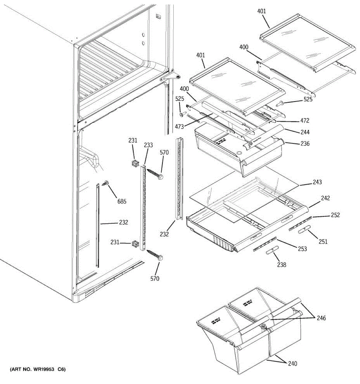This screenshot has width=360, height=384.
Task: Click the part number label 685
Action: [122, 201]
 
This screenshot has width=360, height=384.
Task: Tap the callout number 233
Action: [148, 145]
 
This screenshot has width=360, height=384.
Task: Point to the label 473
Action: [180, 127]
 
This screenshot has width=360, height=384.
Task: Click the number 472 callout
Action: [305, 121]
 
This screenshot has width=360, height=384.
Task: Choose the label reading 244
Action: [305, 132]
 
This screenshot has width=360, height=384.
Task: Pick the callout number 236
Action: [305, 144]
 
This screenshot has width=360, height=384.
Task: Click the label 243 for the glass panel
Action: [317, 182]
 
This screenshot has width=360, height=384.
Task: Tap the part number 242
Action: [325, 198]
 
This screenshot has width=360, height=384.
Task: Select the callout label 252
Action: [335, 215]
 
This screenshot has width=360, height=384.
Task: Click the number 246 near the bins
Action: [321, 318]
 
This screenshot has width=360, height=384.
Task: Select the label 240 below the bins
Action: [292, 364]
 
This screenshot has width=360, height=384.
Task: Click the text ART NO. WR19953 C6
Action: [38, 370]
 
